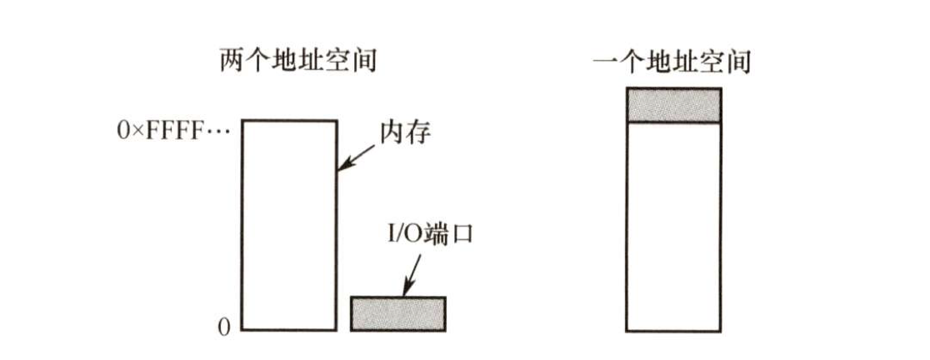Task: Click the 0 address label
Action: pos(222,327)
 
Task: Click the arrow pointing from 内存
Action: pos(356,156)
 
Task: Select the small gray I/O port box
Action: pos(397,313)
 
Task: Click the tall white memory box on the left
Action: pos(289,225)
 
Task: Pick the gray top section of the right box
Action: pos(672,105)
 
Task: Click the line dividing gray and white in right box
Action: pos(672,122)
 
